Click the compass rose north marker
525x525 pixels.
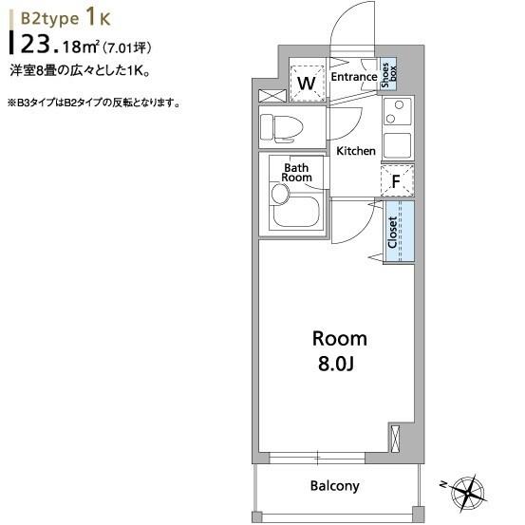[444, 484]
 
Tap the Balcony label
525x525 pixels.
[334, 486]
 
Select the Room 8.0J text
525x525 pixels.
[339, 351]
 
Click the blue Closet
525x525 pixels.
[399, 231]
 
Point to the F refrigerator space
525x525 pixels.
[397, 180]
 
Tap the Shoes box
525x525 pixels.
[388, 76]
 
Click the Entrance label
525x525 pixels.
[354, 77]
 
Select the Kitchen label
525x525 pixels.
[356, 151]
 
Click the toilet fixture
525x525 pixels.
[282, 128]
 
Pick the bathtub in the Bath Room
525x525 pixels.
[295, 212]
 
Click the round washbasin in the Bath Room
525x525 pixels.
[280, 194]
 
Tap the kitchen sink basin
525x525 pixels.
[397, 145]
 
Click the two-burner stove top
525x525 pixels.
[397, 111]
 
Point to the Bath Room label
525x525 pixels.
[296, 173]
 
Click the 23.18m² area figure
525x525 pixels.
[60, 46]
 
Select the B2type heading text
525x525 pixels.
[49, 19]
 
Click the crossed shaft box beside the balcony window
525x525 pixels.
[396, 439]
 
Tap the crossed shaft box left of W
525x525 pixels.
[272, 96]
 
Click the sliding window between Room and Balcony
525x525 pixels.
[317, 458]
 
